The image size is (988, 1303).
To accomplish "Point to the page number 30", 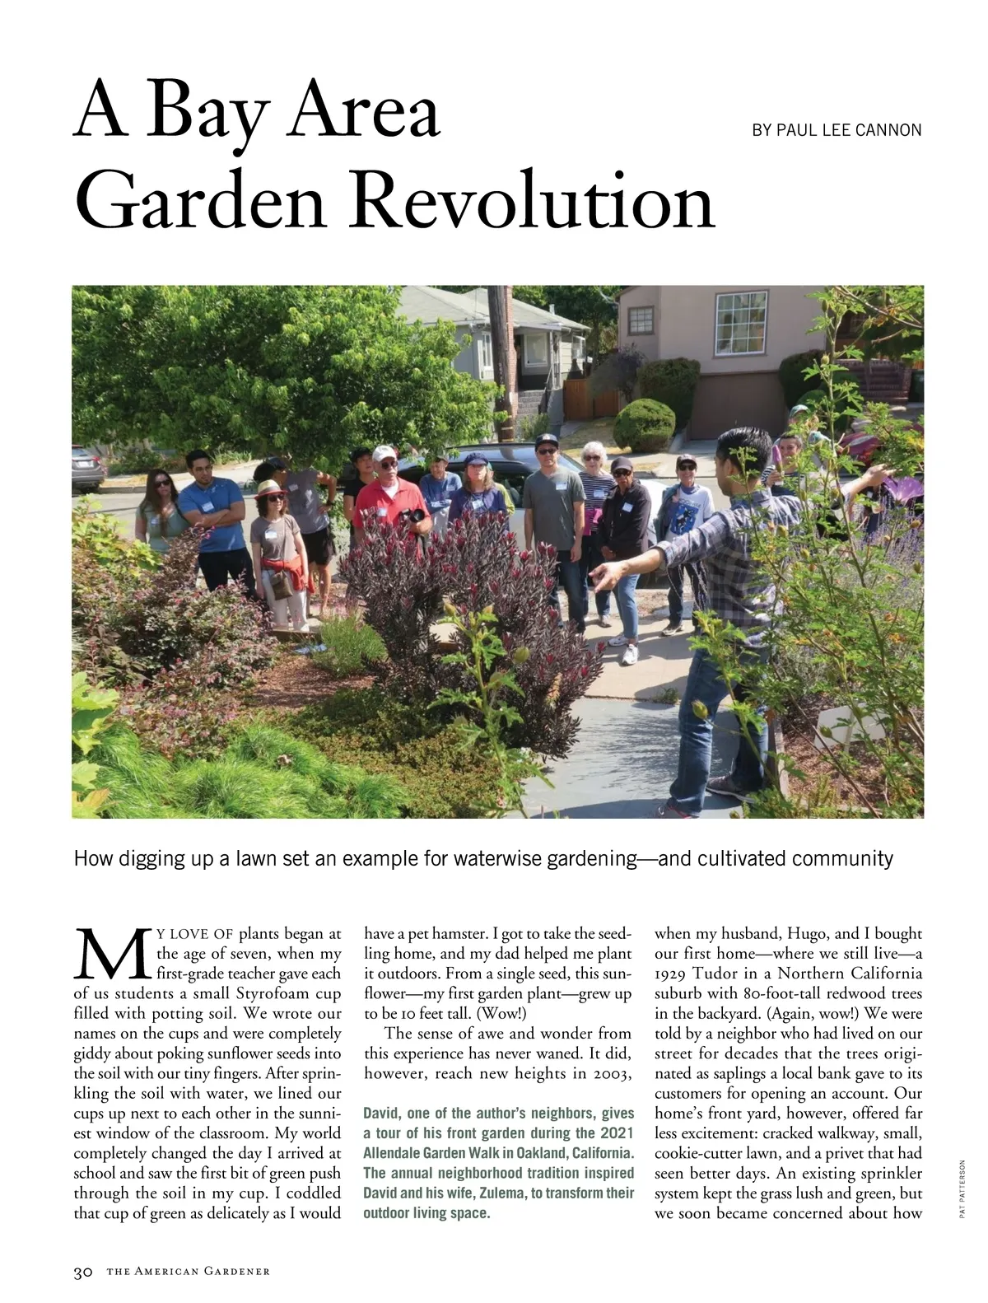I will click(x=83, y=1272).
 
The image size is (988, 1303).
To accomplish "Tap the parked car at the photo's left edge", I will click(x=87, y=467).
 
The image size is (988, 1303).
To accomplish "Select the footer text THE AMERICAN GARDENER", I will click(x=188, y=1272).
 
